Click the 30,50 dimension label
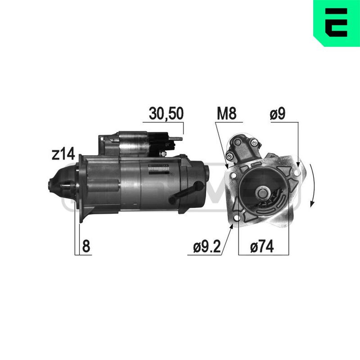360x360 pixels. click(x=166, y=113)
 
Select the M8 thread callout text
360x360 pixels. click(x=227, y=113)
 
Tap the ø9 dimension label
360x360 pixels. click(x=278, y=113)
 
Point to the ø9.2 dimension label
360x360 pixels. click(x=207, y=246)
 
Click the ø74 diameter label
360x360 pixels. click(x=262, y=246)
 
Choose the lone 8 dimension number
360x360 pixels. click(x=86, y=246)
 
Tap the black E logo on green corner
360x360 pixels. click(x=336, y=22)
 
